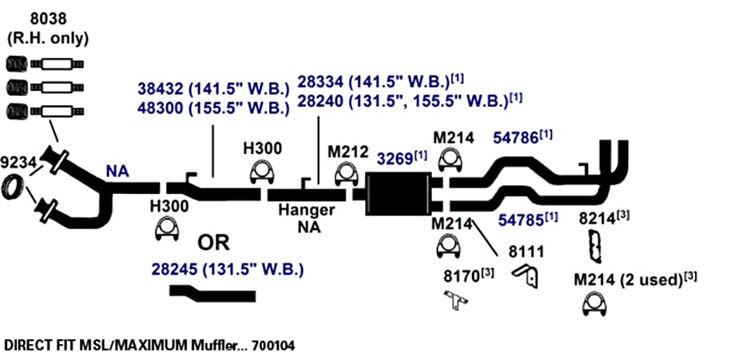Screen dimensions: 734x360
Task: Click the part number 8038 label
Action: coord(48,19)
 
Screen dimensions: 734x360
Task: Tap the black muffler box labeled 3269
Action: coord(398,193)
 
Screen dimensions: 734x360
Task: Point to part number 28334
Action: coord(323,81)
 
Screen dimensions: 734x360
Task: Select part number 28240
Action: coord(323,101)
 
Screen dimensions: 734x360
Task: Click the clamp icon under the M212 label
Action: coord(347,175)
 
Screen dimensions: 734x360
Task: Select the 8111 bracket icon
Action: coord(526,276)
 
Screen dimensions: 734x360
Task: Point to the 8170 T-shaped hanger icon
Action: coord(454,300)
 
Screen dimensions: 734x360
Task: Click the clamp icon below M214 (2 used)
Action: coord(594,305)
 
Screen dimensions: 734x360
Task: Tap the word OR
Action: coord(213,243)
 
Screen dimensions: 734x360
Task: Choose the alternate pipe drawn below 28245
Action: coord(212,294)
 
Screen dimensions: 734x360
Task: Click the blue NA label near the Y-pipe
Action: coord(117,172)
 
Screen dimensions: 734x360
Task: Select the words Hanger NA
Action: coord(307,219)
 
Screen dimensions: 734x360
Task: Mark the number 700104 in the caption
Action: coord(273,346)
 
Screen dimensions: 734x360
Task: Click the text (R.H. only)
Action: coord(49,38)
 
